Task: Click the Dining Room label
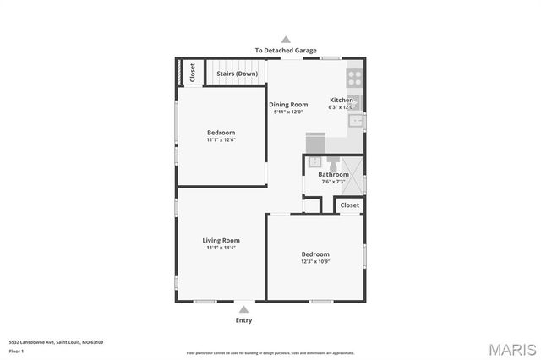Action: (288, 104)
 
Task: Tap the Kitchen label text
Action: (342, 100)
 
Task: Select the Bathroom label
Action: (333, 174)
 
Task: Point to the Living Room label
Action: (221, 240)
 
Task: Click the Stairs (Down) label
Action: (238, 74)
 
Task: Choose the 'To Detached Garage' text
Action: (286, 50)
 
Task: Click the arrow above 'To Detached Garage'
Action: (286, 39)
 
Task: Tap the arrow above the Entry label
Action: (243, 309)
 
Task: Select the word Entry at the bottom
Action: (243, 320)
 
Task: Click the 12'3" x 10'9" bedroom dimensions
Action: (315, 261)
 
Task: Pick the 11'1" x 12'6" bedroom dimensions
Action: (221, 139)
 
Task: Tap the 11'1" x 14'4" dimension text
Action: (221, 248)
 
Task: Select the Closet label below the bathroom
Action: (349, 205)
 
